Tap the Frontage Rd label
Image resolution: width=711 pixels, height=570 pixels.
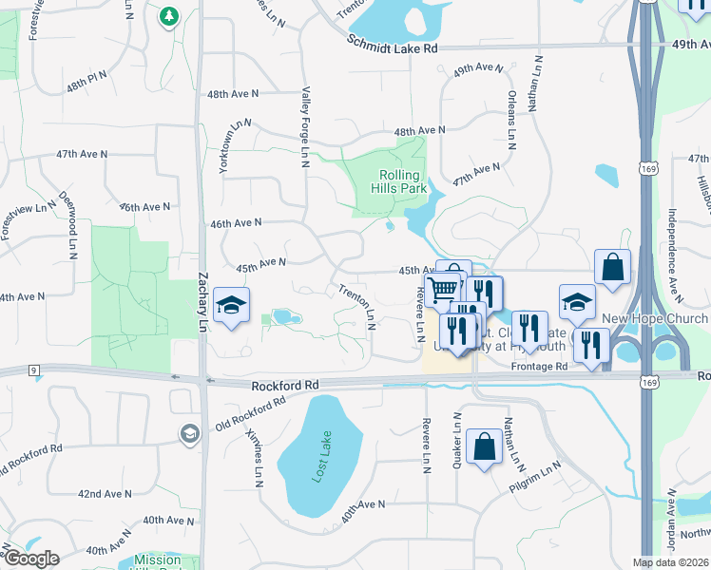coord(538,366)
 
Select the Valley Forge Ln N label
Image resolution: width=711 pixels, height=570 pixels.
coord(305,127)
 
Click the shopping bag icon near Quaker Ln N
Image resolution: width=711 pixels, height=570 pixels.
coord(484,447)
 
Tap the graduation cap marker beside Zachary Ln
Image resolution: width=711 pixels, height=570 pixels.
coord(231,306)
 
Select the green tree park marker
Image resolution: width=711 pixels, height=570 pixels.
coord(169,16)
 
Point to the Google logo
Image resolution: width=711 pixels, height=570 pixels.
coord(31,559)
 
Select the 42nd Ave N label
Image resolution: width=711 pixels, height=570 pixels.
coord(105,494)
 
